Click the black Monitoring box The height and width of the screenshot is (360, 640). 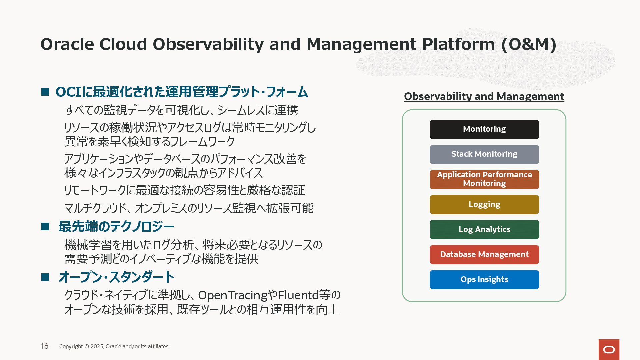pos(484,129)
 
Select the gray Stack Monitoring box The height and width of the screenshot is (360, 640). pos(484,154)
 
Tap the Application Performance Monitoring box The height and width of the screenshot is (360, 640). pos(484,179)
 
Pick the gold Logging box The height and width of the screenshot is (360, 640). pos(484,204)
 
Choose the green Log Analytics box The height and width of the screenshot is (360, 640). pos(484,230)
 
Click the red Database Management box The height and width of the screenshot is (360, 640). pos(484,255)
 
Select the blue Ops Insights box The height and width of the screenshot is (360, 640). pos(484,280)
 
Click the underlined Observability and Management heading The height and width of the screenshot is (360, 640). pos(484,96)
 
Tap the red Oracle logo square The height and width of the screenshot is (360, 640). pos(609,350)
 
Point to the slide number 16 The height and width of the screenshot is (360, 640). pos(45,346)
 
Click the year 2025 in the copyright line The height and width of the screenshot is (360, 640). pos(97,346)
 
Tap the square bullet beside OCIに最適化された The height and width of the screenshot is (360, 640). pos(45,92)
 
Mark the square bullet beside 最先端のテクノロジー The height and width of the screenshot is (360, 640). pos(45,227)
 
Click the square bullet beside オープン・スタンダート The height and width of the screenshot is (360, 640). pos(45,277)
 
